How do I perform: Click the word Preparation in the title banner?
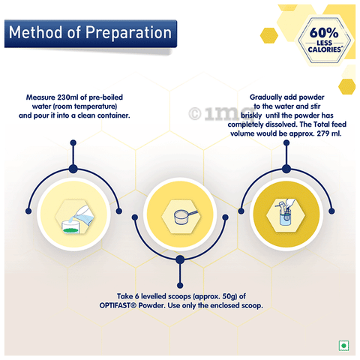(128, 33)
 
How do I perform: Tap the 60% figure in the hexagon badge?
(324, 32)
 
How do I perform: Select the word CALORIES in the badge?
(324, 49)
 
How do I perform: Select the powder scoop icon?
(185, 216)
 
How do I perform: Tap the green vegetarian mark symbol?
(343, 346)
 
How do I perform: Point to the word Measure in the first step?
(40, 97)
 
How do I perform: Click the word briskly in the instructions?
(251, 115)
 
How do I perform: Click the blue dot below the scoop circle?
(180, 285)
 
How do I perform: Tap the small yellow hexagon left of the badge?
(269, 35)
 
